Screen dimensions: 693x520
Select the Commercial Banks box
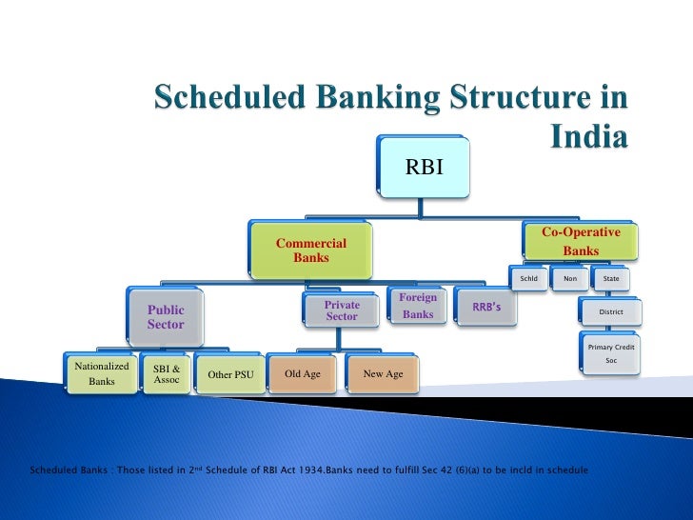pyautogui.click(x=311, y=250)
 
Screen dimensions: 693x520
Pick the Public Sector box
pyautogui.click(x=166, y=317)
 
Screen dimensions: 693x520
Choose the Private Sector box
pyautogui.click(x=342, y=310)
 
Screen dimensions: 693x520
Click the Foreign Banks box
pyautogui.click(x=418, y=306)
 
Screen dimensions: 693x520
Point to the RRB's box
pyautogui.click(x=487, y=307)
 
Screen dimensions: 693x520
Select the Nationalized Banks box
pyautogui.click(x=102, y=373)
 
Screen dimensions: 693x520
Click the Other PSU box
pyautogui.click(x=230, y=374)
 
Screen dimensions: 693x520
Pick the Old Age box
pyautogui.click(x=303, y=374)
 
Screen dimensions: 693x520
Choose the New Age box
pyautogui.click(x=383, y=374)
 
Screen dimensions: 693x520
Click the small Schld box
pyautogui.click(x=529, y=279)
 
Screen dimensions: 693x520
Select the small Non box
pyautogui.click(x=569, y=279)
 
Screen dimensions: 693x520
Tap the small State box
pyautogui.click(x=611, y=279)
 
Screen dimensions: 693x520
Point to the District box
pyautogui.click(x=611, y=311)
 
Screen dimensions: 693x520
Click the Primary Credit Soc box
pyautogui.click(x=611, y=353)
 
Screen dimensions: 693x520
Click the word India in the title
pyautogui.click(x=589, y=138)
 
